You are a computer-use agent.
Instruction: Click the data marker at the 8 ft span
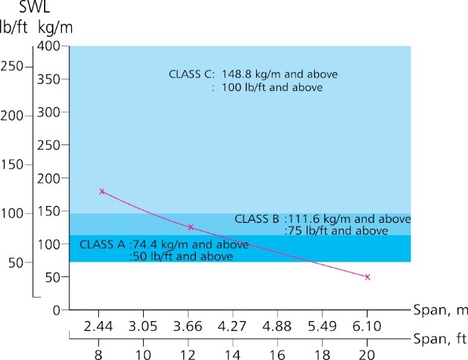[102, 191]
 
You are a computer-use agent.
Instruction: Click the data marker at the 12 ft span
[191, 227]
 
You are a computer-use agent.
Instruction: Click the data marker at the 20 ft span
[367, 277]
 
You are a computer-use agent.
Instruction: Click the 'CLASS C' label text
[191, 74]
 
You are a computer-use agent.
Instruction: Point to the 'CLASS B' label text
[257, 218]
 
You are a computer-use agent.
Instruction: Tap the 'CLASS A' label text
[102, 244]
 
